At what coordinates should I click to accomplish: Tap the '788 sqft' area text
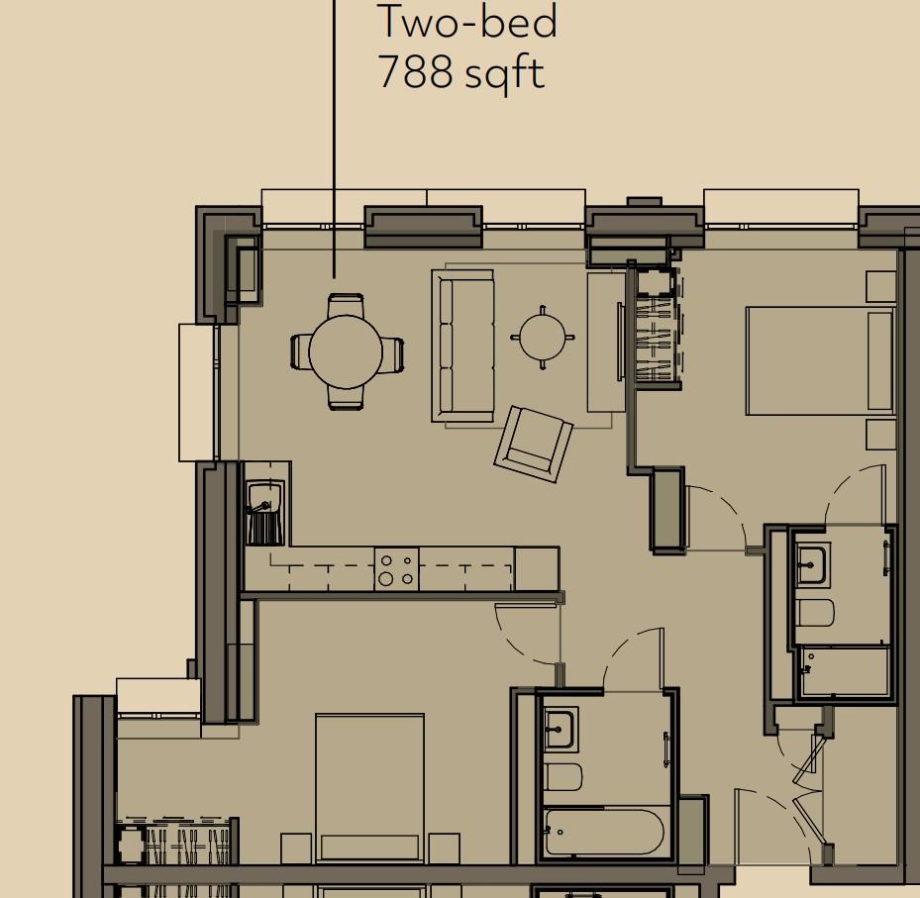pos(460,73)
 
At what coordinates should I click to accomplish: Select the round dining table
pos(346,351)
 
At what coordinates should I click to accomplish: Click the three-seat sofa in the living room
pos(462,346)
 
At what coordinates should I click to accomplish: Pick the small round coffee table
pos(543,338)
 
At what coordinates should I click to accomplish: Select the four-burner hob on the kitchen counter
pos(396,570)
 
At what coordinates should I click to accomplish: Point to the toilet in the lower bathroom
pos(562,777)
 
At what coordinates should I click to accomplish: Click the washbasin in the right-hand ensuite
pos(811,564)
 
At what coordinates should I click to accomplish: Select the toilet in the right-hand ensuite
pos(814,614)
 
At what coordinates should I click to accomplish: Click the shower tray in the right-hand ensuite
pos(844,671)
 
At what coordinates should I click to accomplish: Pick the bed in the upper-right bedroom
pos(819,360)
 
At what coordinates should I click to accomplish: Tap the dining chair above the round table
pos(346,304)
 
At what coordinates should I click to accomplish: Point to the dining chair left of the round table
pos(300,351)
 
